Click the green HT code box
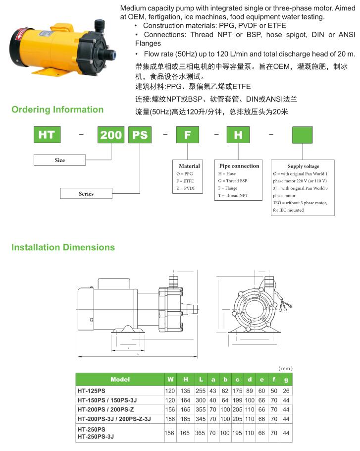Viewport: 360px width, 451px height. [47, 135]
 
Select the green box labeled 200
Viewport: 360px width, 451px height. [111, 135]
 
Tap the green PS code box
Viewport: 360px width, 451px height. [140, 135]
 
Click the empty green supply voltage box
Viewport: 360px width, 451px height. [302, 135]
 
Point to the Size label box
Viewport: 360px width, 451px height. [60, 160]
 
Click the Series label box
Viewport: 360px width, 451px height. [86, 194]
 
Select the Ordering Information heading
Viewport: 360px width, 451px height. [57, 110]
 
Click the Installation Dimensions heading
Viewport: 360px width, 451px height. [63, 247]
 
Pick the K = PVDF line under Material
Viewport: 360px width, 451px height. [186, 188]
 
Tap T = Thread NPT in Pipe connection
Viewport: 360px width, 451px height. [233, 196]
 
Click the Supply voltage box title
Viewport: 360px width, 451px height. [304, 166]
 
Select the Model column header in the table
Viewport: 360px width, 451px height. [120, 379]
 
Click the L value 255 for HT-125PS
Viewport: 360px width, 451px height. [201, 391]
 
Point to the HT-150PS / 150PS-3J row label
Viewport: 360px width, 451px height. [107, 400]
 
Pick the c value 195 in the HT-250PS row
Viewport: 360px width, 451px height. [237, 433]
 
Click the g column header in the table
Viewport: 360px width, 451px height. [286, 380]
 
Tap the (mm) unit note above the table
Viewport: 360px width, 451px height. [285, 368]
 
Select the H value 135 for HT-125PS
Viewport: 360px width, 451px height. [185, 391]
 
